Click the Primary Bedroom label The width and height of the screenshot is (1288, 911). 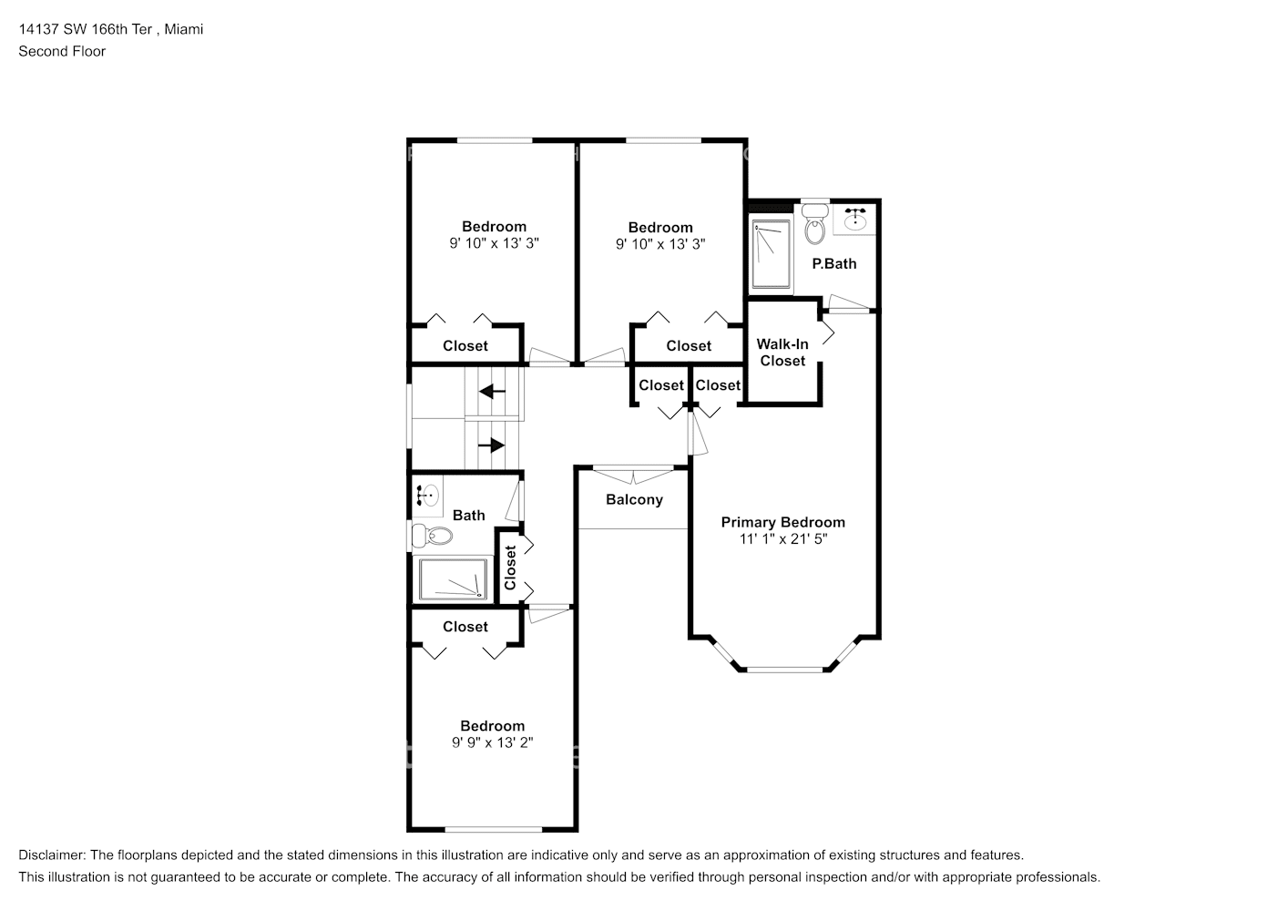coord(782,522)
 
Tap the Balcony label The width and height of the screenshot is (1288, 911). coord(634,499)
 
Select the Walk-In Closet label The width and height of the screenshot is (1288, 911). coord(782,353)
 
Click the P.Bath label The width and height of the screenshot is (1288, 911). coord(834,263)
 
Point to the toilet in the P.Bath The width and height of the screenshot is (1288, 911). coord(815,226)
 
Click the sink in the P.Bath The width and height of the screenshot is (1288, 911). coord(855,220)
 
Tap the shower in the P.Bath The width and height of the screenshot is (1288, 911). coord(771,253)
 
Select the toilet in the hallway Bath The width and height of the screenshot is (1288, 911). coord(431,535)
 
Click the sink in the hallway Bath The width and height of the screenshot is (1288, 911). coord(428,496)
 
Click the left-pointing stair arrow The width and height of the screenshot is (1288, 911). coord(493,392)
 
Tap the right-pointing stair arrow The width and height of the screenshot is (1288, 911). coord(492,445)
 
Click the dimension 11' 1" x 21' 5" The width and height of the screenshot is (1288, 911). coord(782,538)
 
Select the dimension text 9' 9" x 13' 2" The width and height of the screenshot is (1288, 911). coord(492,742)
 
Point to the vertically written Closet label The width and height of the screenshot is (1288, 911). coord(510,568)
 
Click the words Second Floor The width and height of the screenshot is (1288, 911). coord(62,51)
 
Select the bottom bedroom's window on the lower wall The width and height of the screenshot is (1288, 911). coord(492,829)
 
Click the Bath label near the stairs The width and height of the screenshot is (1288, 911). coord(468,516)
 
